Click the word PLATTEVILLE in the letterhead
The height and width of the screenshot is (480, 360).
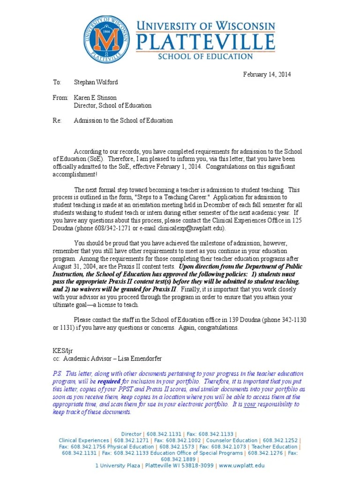(x=205, y=43)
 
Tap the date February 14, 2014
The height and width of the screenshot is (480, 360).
(x=267, y=75)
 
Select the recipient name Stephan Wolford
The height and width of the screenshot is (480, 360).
(x=96, y=82)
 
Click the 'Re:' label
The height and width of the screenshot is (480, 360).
(x=57, y=120)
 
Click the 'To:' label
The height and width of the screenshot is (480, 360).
(x=57, y=82)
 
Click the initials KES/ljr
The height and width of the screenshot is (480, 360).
(x=62, y=351)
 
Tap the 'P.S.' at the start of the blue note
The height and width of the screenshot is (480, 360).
(x=57, y=374)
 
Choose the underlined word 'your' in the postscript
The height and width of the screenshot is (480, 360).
(x=250, y=405)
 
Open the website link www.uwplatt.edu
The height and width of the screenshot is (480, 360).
(x=241, y=465)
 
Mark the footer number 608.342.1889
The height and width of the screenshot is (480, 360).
(x=180, y=459)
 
